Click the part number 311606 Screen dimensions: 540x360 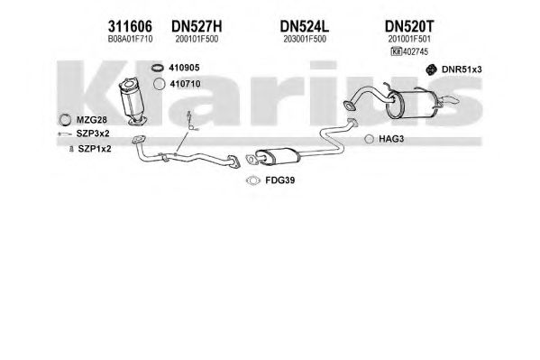coord(130,26)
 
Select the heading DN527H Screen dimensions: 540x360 coord(197,26)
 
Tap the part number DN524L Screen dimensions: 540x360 coord(305,26)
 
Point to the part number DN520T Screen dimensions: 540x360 coord(409,26)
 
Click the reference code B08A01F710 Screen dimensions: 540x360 coord(130,39)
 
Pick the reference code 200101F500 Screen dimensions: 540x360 coord(197,39)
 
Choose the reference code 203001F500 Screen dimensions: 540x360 coord(305,39)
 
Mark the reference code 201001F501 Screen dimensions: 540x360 coord(409,39)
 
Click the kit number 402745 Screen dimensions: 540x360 coord(416,51)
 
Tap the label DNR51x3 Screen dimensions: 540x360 coord(462,69)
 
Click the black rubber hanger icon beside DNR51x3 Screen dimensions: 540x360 coord(431,69)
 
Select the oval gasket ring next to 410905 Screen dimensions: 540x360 coord(158,68)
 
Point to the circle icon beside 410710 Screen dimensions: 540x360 coord(159,84)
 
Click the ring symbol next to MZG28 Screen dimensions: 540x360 coord(65,120)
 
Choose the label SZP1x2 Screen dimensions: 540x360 coord(95,149)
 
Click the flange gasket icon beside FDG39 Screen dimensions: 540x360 coord(253,180)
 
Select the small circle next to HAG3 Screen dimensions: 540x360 coord(369,139)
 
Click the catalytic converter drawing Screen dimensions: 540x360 coord(133,101)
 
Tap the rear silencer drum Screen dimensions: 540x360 coord(411,104)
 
